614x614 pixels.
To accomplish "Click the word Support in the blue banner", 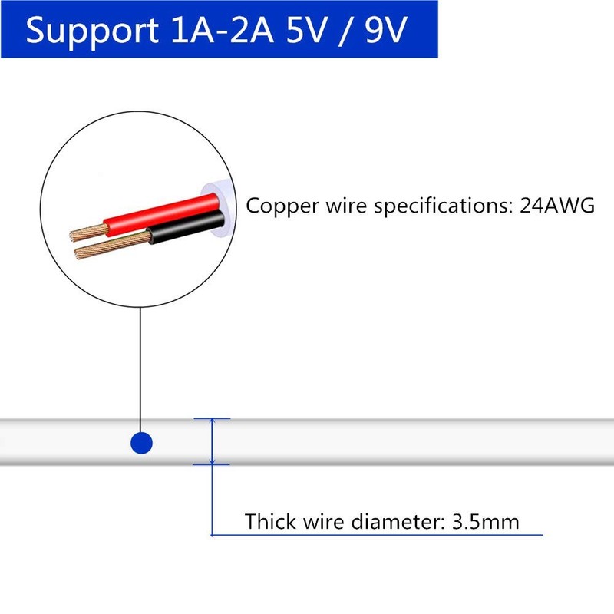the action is point(91,31).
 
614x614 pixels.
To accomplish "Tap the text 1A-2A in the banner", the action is point(222,30).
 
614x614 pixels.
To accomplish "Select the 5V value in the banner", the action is point(305,30).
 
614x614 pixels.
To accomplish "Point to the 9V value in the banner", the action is point(387,30).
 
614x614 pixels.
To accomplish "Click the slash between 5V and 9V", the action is point(345,31).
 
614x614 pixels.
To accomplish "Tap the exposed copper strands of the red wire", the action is point(89,233).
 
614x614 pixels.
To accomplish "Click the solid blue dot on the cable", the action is point(141,443).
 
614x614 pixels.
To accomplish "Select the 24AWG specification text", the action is point(557,205).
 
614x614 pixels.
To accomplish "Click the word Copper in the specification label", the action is point(282,206).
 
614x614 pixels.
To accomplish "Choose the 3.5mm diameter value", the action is point(486,522).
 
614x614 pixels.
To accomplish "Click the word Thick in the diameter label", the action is point(270,521).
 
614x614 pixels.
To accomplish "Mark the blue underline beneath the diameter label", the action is point(377,534).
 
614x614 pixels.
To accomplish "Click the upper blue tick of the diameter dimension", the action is point(212,418).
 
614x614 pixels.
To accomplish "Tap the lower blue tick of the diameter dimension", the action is point(212,464).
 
